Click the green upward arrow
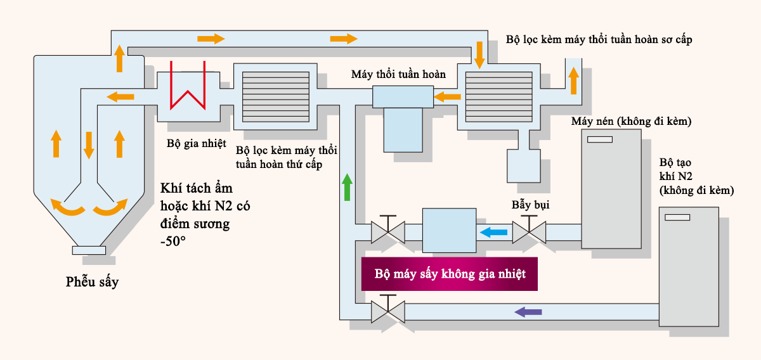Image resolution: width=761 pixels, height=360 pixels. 347,187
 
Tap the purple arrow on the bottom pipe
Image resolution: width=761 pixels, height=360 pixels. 528,311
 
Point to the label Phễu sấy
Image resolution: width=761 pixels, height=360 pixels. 92,282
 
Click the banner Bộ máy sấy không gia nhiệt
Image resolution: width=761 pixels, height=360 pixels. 449,274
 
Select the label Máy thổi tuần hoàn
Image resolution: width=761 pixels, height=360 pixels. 398,74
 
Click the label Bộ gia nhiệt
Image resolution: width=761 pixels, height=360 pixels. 196,143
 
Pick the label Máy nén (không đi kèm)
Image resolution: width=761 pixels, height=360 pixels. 630,120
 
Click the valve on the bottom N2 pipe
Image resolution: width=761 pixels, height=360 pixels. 387,311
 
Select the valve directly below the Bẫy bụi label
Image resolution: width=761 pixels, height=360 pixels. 529,232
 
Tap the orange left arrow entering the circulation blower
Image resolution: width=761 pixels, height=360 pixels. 448,97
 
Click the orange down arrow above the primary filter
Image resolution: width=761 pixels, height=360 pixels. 479,55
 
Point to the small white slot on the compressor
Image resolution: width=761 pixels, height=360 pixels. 599,139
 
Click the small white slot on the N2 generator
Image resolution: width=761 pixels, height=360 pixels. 677,217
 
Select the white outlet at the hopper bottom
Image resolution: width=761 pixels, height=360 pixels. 89,250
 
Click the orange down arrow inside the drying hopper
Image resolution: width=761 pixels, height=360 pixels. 89,145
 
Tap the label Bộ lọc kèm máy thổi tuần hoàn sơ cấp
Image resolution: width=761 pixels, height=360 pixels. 599,39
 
